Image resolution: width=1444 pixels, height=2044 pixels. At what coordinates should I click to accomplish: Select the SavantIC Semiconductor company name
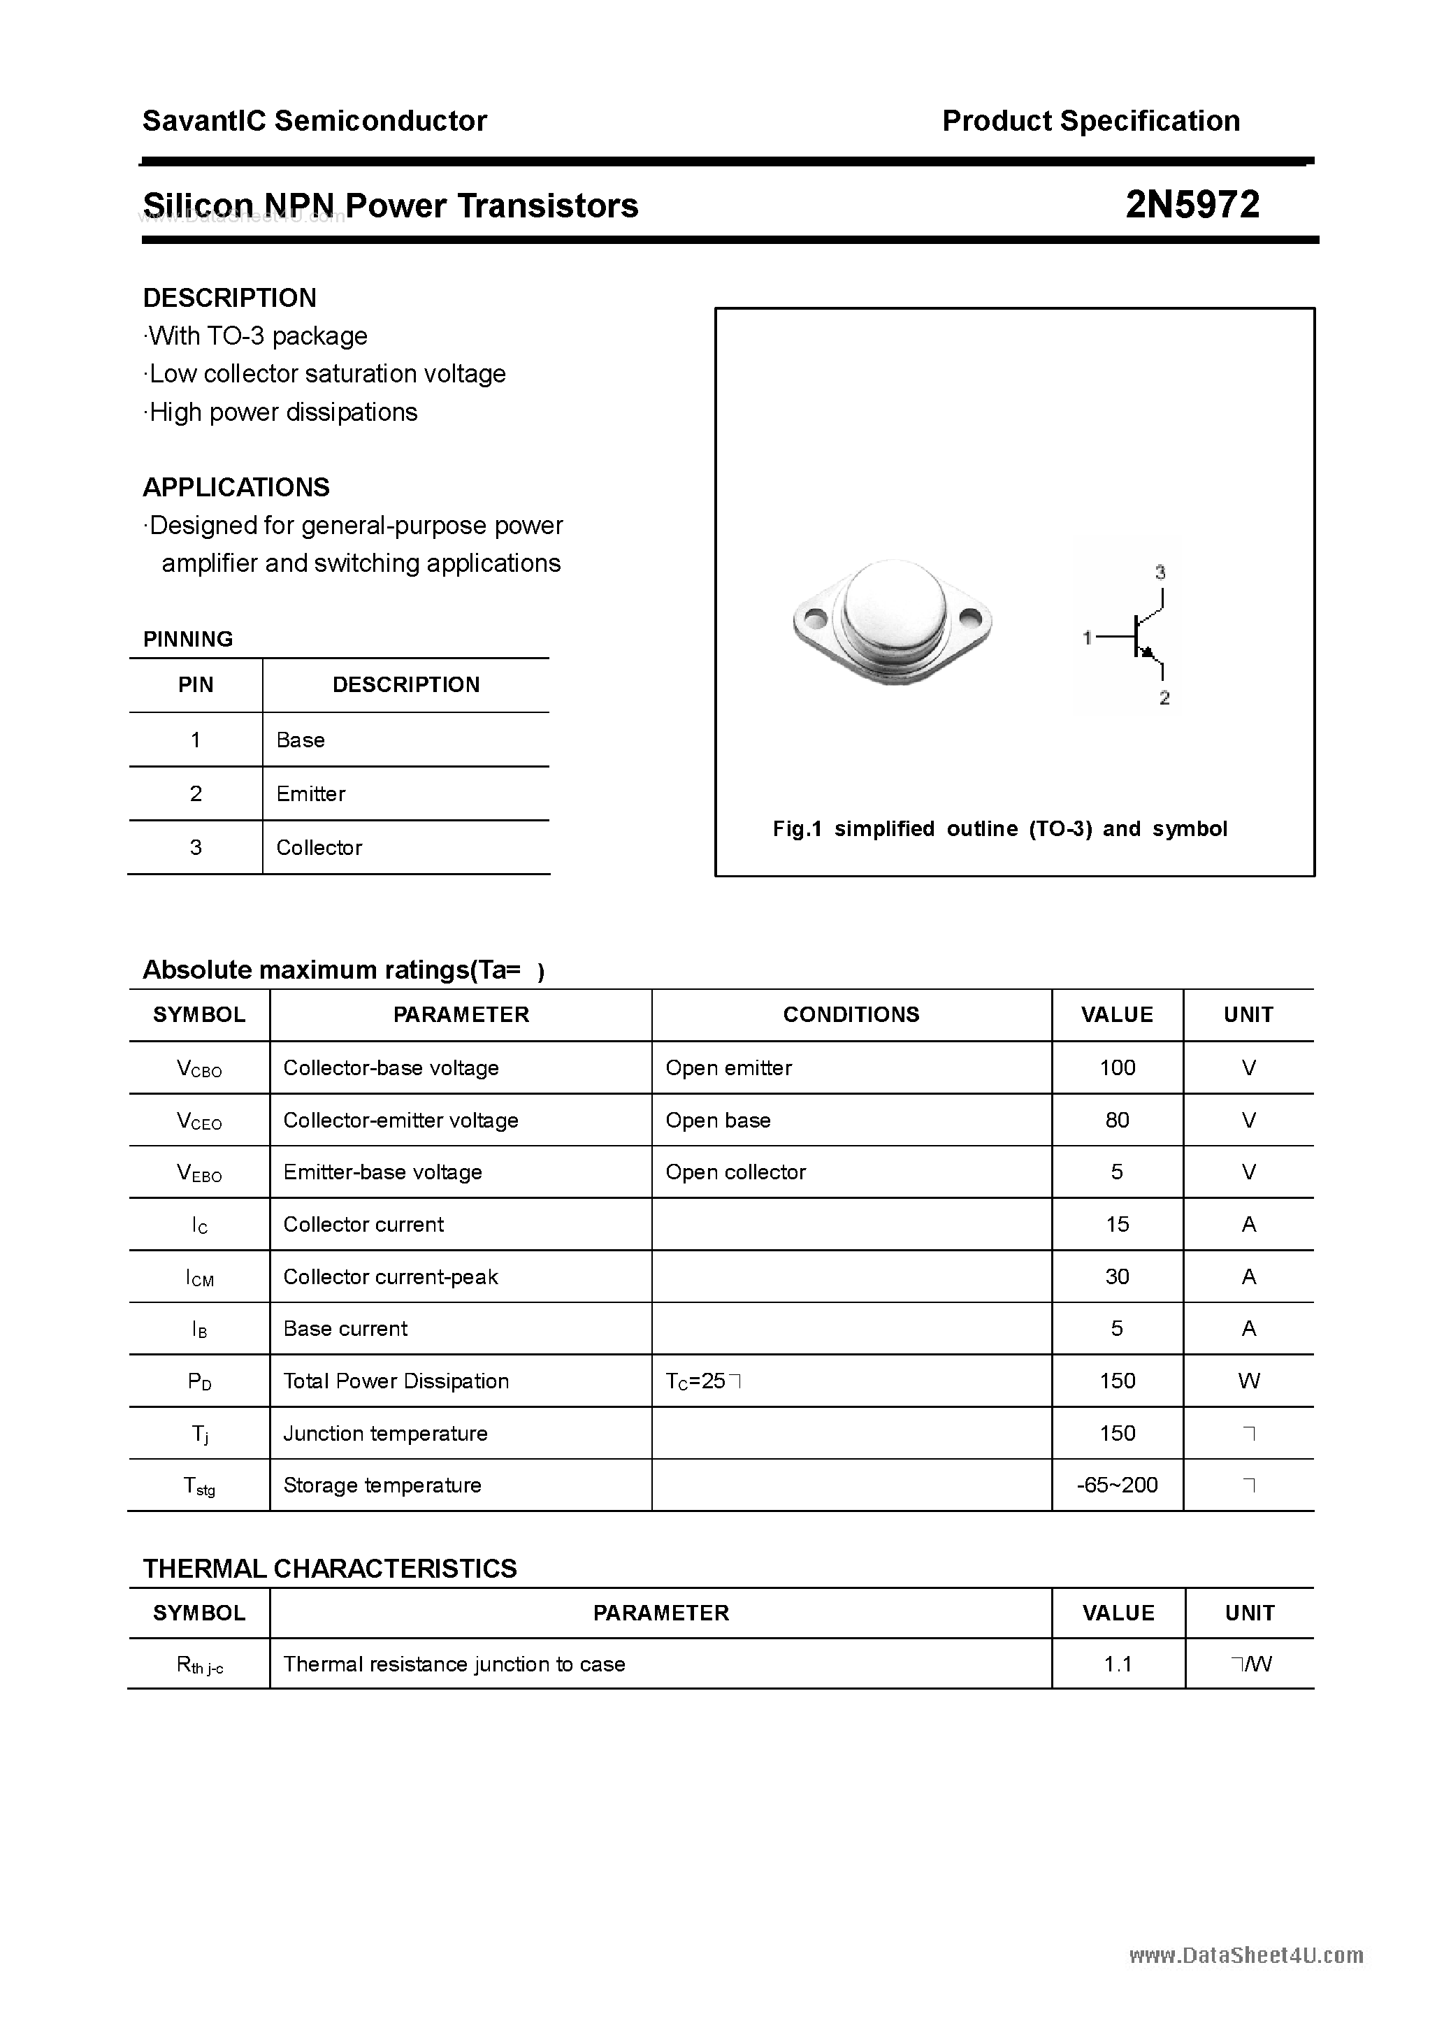coord(315,121)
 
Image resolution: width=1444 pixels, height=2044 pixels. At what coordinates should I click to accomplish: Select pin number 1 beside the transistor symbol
coord(1087,638)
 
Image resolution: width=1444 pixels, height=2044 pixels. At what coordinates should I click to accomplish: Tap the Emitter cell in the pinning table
coord(311,793)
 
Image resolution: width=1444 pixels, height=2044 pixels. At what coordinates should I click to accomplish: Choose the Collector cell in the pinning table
coord(319,847)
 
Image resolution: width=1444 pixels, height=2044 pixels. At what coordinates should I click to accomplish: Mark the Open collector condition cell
coord(735,1172)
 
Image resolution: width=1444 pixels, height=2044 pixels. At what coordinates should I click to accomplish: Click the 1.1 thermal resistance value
coord(1118,1664)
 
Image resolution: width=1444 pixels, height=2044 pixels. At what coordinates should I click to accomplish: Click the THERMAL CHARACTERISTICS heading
coord(329,1569)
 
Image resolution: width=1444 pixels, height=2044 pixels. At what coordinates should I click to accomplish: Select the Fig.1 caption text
coord(999,829)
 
